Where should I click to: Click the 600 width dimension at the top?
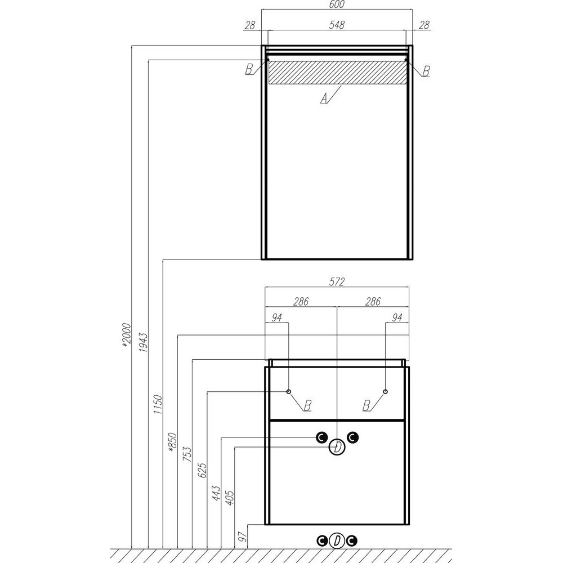(x=337, y=5)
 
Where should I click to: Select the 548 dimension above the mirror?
(x=337, y=25)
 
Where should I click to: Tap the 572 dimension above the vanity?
(x=337, y=281)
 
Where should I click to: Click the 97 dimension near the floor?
(x=243, y=537)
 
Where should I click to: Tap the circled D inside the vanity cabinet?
(x=337, y=448)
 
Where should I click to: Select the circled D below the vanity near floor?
(x=337, y=541)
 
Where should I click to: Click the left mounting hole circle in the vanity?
(x=288, y=391)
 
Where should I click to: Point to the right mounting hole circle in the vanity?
(x=385, y=391)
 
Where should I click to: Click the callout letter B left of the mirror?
(x=248, y=70)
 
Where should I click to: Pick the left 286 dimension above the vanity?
(x=301, y=302)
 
